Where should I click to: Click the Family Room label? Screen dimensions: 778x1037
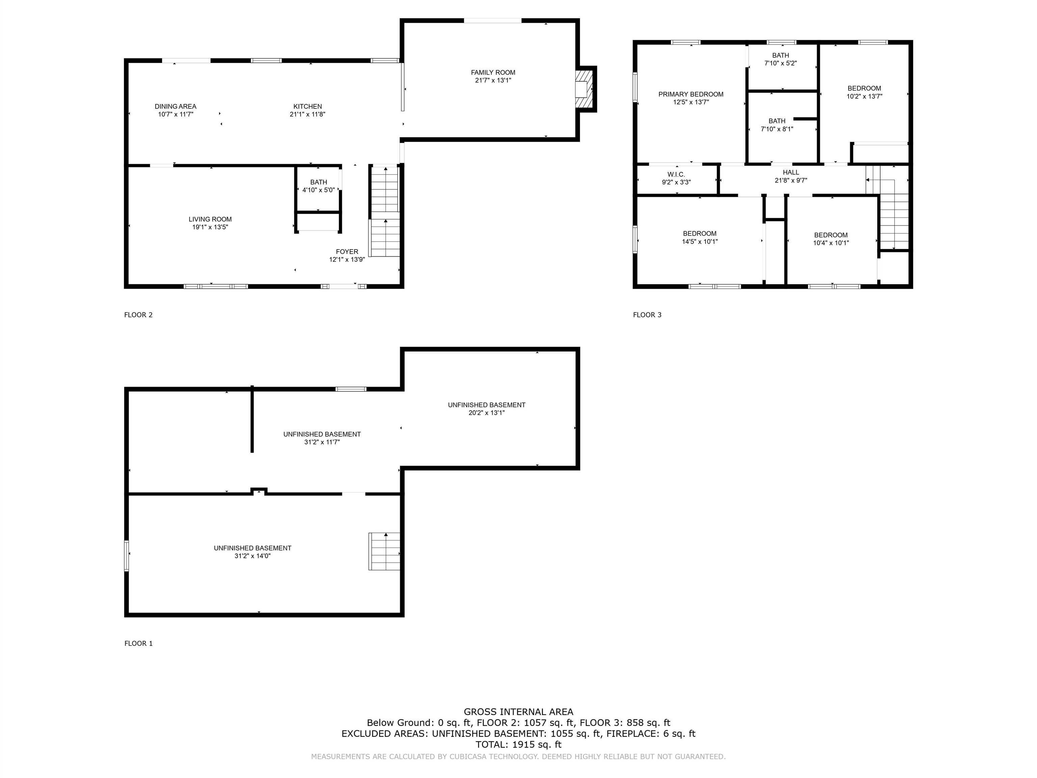tap(493, 73)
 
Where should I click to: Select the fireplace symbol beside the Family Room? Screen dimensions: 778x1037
tap(585, 89)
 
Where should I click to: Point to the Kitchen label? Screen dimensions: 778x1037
tap(308, 106)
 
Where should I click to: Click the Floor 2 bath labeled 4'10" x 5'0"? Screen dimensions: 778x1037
tap(318, 186)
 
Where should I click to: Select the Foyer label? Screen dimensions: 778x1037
tap(347, 252)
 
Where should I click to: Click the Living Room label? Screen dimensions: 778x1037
tap(210, 219)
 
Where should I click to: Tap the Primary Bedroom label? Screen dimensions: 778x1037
tap(691, 94)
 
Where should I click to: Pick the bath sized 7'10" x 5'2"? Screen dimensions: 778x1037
tap(780, 59)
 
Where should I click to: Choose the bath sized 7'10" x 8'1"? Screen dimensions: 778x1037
tap(777, 125)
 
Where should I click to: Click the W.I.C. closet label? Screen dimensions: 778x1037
tap(676, 175)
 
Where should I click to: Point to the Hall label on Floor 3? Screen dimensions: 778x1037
tap(791, 173)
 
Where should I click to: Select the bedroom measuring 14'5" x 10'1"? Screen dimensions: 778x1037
tap(699, 237)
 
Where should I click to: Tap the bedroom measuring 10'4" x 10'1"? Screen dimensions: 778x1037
tap(831, 239)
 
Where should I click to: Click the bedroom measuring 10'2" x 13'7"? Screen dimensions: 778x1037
tap(864, 92)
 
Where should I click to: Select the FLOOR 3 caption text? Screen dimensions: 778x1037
tap(647, 315)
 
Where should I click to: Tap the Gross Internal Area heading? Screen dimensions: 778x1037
tap(518, 712)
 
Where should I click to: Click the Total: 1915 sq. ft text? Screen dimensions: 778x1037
tap(518, 744)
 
